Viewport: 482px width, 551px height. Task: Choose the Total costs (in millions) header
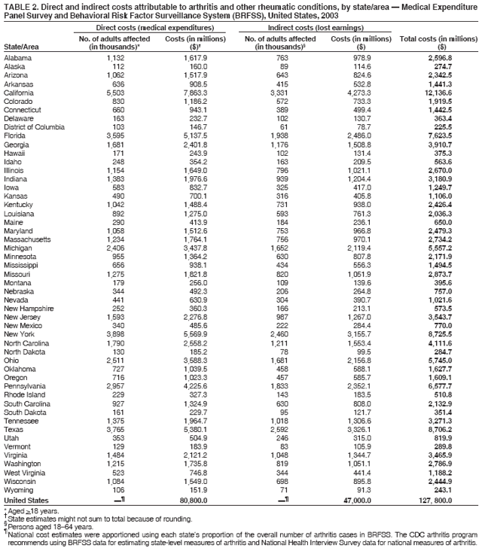(x=435, y=39)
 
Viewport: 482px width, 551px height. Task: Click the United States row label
(x=26, y=501)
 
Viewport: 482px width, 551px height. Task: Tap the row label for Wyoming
(x=19, y=489)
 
